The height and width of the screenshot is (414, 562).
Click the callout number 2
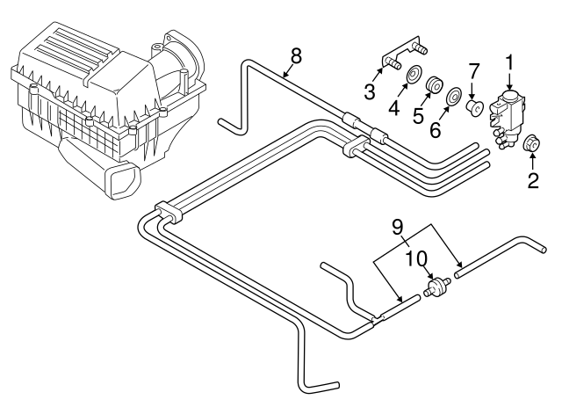click(x=532, y=182)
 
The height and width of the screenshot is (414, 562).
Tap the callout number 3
click(x=371, y=91)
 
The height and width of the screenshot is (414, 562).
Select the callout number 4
click(x=395, y=110)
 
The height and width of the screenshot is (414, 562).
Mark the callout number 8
click(x=295, y=55)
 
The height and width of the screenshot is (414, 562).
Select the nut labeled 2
click(x=530, y=144)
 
